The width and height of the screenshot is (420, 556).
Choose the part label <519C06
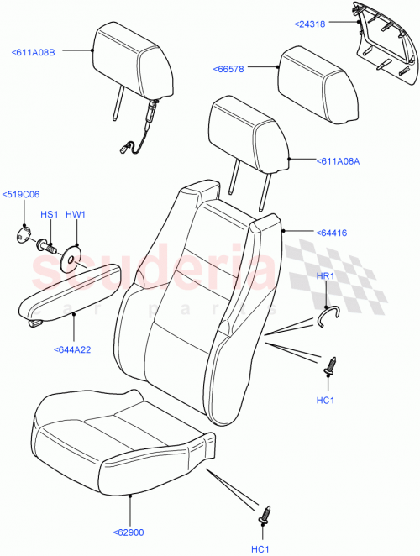(x=21, y=195)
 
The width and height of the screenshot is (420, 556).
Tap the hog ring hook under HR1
(x=327, y=313)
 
